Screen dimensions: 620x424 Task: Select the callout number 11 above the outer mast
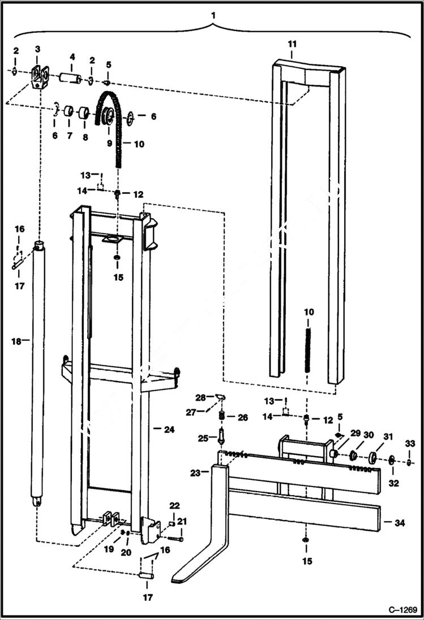[292, 44]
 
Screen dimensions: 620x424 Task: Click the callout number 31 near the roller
[388, 436]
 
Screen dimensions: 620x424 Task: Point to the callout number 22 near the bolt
[175, 505]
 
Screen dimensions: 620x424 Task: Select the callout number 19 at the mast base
[109, 548]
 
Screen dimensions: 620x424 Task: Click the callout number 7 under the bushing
[70, 136]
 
